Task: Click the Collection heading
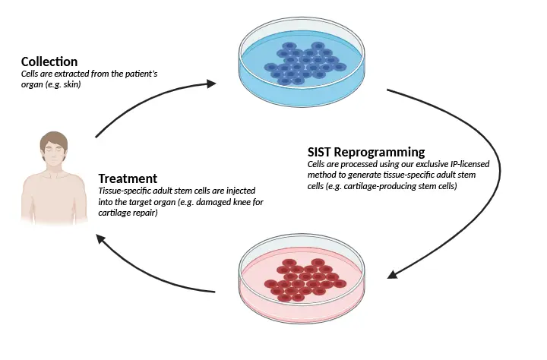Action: pyautogui.click(x=49, y=61)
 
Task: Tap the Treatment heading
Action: pyautogui.click(x=128, y=178)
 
